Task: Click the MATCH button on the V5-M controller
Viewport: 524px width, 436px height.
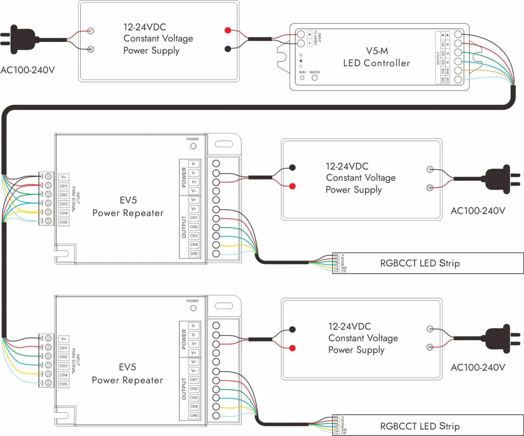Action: [x=315, y=77]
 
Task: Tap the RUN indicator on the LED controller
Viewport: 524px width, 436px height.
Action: [x=302, y=77]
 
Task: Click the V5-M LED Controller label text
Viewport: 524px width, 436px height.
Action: [x=376, y=57]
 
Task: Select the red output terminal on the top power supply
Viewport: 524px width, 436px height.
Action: [x=228, y=30]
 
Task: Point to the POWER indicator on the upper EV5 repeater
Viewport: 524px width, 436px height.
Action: [x=193, y=146]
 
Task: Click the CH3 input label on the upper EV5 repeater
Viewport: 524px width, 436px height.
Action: [x=63, y=204]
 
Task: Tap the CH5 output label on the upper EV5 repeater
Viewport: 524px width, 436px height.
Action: [x=194, y=254]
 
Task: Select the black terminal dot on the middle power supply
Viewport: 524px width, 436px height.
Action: [x=292, y=167]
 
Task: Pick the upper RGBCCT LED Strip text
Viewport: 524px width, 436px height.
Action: [x=420, y=263]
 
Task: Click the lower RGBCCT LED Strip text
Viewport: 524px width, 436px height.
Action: [x=420, y=426]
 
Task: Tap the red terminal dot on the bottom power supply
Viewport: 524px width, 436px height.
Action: [x=292, y=348]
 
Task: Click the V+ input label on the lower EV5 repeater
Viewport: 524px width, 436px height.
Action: [x=63, y=339]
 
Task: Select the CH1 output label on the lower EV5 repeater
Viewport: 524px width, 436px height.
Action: [x=194, y=380]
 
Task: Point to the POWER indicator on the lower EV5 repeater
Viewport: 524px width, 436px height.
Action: [x=193, y=308]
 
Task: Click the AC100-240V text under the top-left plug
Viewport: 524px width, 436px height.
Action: [x=27, y=70]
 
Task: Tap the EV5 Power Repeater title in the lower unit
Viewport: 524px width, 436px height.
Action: [x=127, y=374]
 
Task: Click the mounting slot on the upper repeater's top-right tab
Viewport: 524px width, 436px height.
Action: [x=224, y=144]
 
